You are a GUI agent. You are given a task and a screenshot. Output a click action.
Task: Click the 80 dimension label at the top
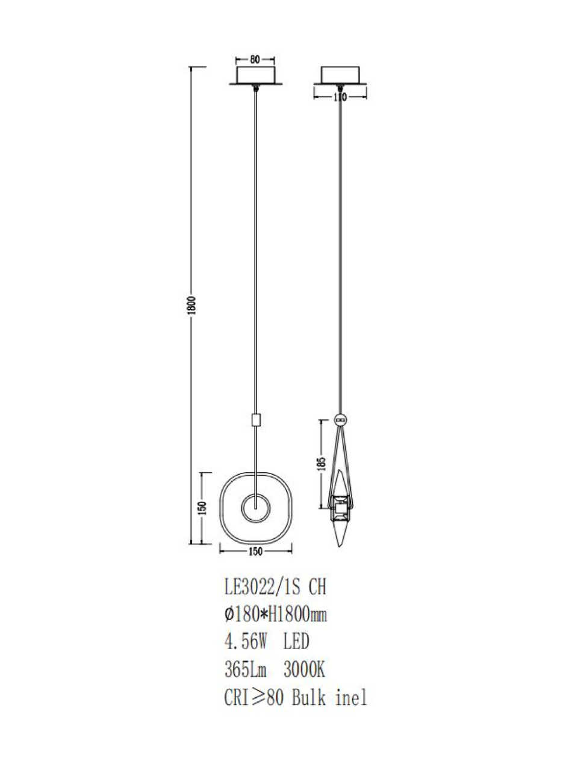click(255, 60)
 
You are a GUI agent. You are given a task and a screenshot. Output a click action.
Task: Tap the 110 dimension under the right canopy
click(340, 97)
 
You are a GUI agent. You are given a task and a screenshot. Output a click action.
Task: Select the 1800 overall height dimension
click(192, 306)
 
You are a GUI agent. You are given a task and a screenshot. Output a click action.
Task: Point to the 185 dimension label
click(321, 464)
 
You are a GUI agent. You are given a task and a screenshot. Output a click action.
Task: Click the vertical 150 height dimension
click(202, 508)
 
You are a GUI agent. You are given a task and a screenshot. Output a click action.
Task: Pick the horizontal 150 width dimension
click(255, 552)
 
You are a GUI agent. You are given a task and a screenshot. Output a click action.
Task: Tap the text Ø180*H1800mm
click(276, 615)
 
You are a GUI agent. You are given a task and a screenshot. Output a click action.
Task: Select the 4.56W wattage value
click(246, 642)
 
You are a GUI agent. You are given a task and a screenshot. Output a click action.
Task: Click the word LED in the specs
click(296, 642)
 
